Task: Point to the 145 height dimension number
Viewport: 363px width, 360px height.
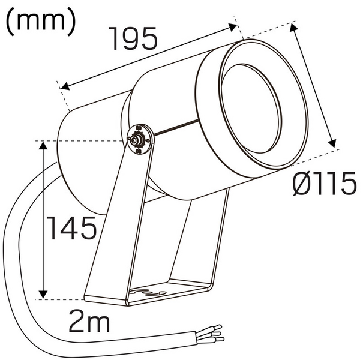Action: coord(71,227)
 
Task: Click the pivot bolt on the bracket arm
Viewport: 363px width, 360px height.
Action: coord(139,140)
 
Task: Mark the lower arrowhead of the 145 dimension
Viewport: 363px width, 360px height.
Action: coord(43,294)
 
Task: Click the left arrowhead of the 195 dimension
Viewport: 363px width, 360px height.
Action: coord(63,86)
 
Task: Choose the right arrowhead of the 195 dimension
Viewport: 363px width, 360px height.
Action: coord(234,26)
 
